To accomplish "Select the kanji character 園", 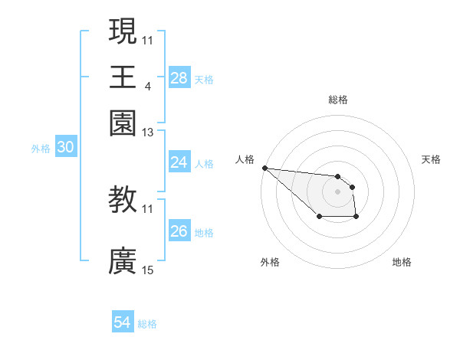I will pos(123,123).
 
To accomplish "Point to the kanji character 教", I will pos(123,200).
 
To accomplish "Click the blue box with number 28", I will pos(179,78).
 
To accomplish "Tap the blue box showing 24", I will pos(179,162).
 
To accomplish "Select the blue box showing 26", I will pos(179,231).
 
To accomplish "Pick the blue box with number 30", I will pos(65,148).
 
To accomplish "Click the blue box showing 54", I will pos(123,322).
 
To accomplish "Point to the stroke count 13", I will pos(148,133).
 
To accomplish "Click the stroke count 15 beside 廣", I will pos(148,270).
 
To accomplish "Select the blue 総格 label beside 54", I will pos(147,324).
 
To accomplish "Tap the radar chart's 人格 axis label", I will pos(245,159).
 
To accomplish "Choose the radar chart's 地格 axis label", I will pos(402,262).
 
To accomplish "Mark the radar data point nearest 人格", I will pos(264,168).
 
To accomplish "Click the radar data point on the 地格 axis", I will pos(356,218).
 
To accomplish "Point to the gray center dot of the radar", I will pos(337,191).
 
